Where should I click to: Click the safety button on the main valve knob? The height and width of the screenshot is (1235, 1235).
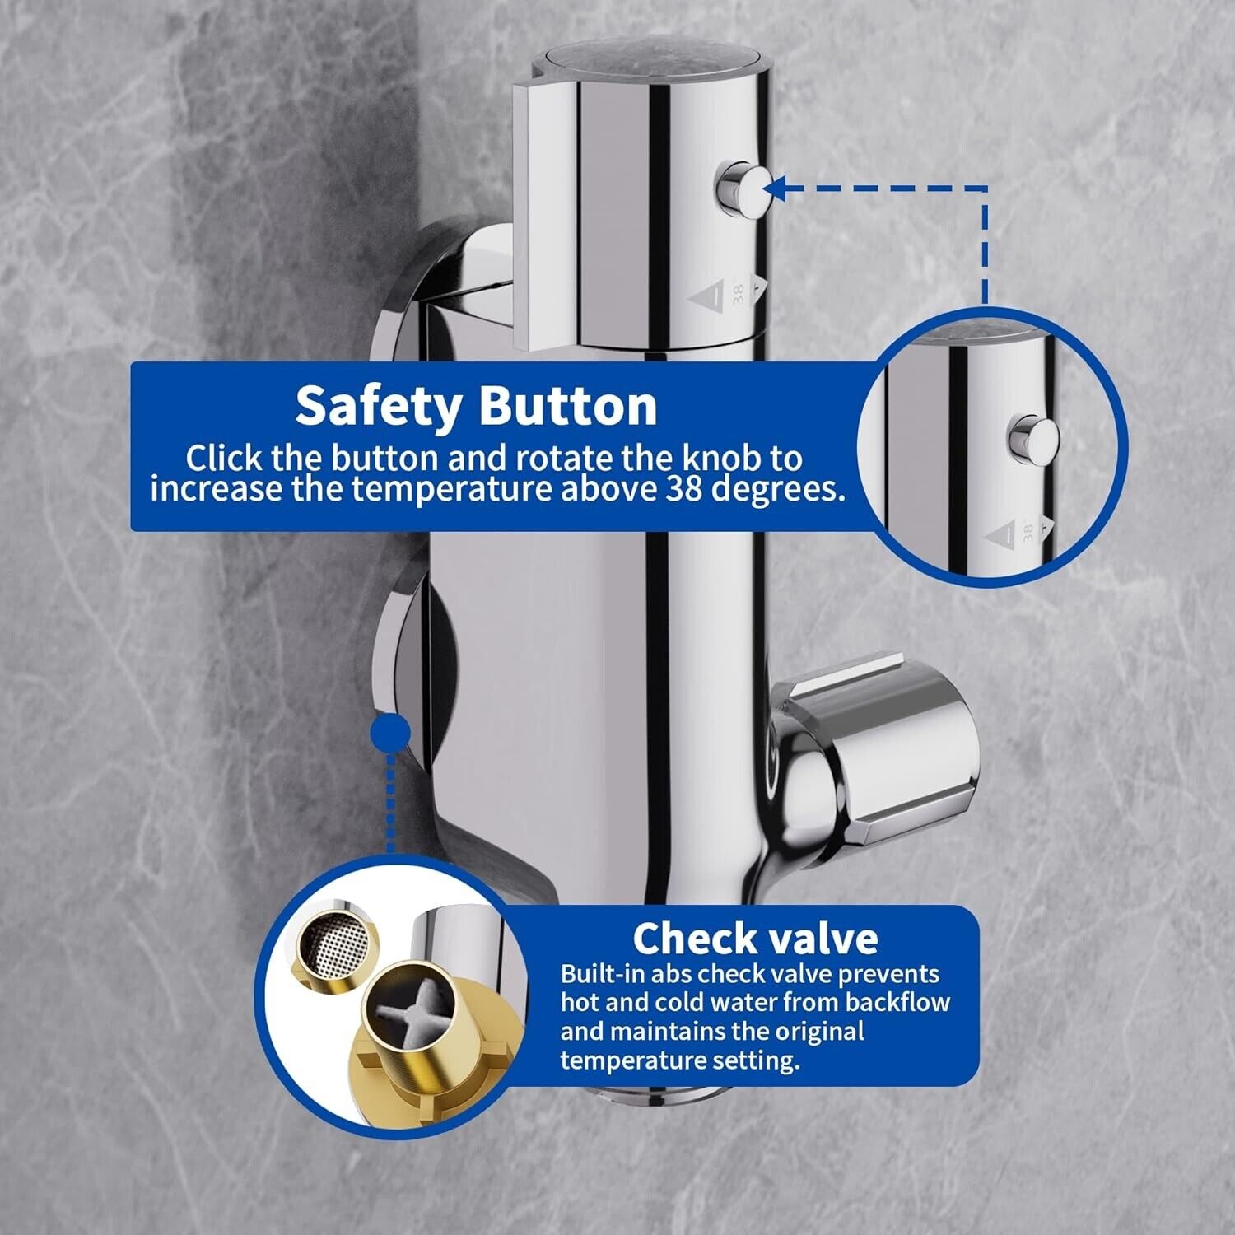click(740, 188)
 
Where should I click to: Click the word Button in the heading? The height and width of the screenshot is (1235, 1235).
click(569, 405)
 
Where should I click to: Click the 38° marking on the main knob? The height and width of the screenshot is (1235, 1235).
click(738, 295)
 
